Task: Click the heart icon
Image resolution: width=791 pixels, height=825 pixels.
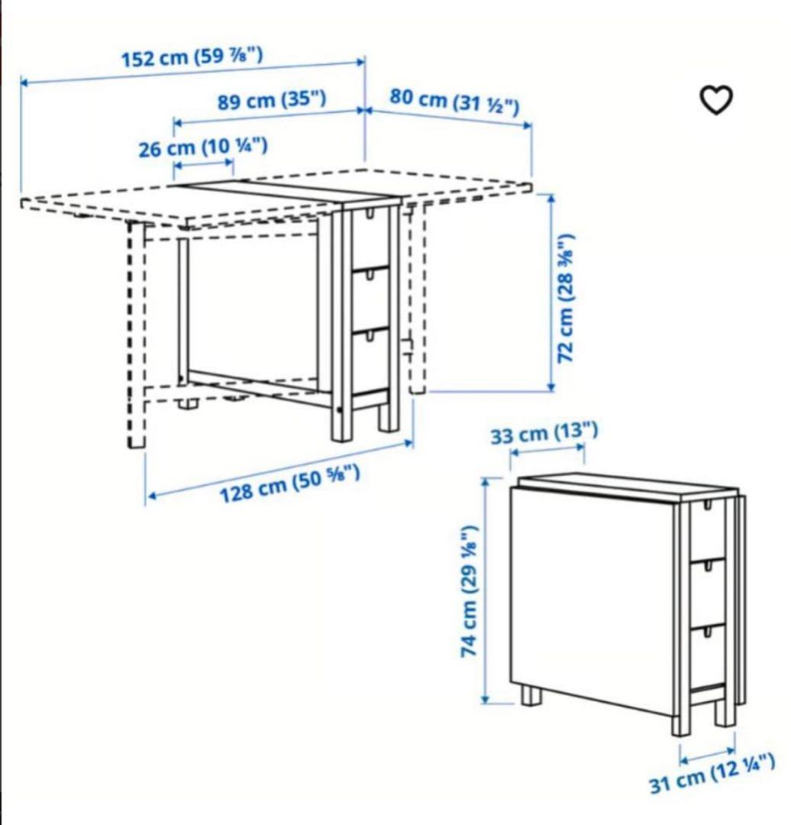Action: pos(716,99)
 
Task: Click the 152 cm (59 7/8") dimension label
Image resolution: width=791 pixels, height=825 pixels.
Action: pos(193,57)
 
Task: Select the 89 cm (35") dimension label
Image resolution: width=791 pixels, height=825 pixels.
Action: pos(272,100)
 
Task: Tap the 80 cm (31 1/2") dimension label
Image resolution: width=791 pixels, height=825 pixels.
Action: pos(455,101)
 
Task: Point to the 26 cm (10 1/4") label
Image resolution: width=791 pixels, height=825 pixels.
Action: pos(202,147)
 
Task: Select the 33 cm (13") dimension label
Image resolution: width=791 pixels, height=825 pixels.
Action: pos(544,434)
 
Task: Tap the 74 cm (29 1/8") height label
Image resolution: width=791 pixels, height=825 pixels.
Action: pos(470,590)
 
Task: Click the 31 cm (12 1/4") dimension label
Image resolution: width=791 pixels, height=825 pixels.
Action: pos(712,772)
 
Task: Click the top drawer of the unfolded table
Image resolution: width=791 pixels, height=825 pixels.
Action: pos(370,237)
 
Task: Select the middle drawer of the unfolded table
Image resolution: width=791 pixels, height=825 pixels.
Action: pos(370,298)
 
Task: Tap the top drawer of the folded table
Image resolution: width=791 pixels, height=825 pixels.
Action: pos(708,529)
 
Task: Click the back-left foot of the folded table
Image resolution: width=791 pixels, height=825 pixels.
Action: pos(531,695)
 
